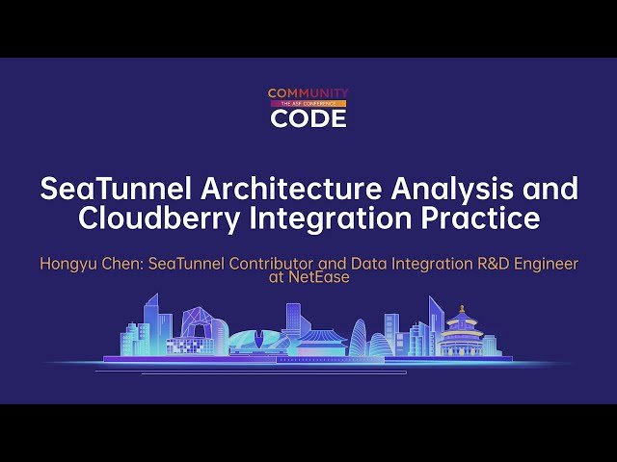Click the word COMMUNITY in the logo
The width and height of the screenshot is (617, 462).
point(308,93)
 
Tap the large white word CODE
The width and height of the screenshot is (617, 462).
point(308,118)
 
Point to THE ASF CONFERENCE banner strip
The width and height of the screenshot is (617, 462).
point(308,103)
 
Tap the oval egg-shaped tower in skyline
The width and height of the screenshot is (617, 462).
point(359,338)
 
